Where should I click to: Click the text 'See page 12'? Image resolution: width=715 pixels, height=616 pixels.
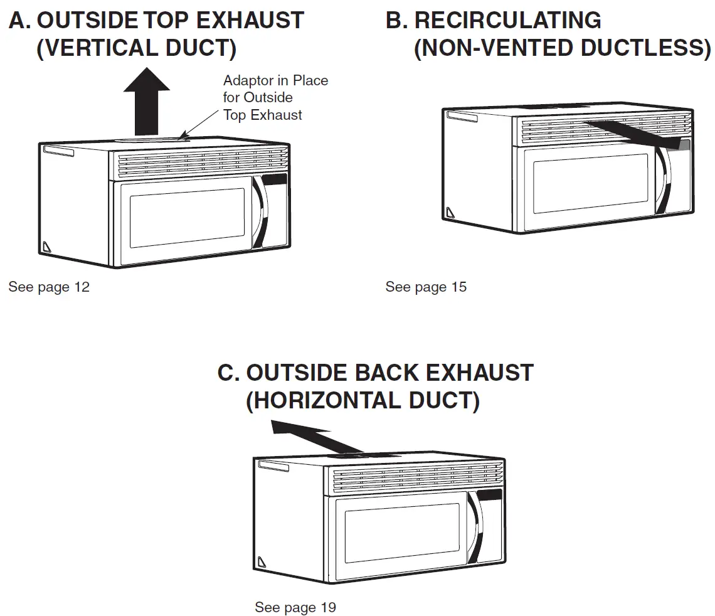tap(49, 287)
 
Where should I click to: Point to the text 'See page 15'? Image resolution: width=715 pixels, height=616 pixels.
tap(426, 287)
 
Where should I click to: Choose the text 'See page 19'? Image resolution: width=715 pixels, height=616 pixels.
tap(295, 607)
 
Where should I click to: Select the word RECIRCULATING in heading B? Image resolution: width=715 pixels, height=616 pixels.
tap(507, 20)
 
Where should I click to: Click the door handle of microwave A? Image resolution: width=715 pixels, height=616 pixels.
tap(260, 213)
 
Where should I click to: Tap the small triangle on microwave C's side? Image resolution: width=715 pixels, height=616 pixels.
tap(262, 560)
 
